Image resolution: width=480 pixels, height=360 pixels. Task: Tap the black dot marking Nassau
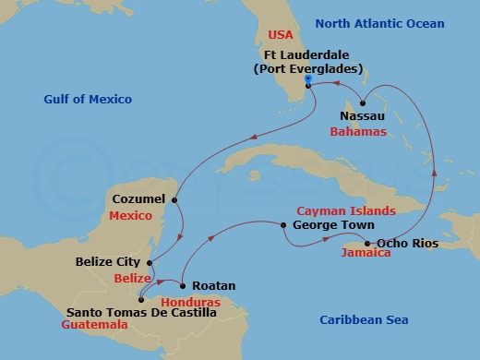[364, 102]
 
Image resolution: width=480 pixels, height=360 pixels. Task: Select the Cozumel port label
[138, 198]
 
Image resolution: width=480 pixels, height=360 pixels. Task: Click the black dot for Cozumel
[174, 199]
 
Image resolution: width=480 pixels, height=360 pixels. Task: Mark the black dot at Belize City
[150, 261]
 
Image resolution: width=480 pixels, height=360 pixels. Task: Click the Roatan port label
[214, 286]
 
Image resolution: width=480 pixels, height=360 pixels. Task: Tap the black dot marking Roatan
[182, 285]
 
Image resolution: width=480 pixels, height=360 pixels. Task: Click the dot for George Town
[283, 223]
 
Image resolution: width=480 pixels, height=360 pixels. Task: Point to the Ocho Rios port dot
[367, 243]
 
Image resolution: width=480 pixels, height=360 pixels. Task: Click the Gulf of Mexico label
[88, 99]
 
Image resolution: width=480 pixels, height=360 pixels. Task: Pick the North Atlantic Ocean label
[390, 23]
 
